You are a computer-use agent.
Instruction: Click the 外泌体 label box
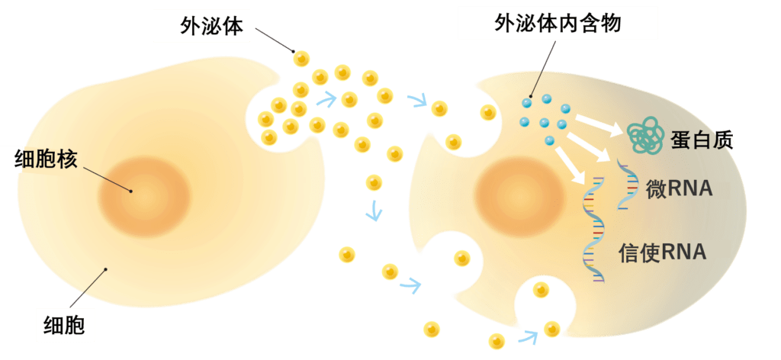[202, 26]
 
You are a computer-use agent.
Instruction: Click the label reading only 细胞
[65, 326]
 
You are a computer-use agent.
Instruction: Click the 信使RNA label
[673, 252]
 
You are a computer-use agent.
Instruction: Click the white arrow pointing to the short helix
[592, 145]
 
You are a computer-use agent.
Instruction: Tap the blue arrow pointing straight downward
[373, 211]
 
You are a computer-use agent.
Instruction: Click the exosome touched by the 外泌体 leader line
[302, 57]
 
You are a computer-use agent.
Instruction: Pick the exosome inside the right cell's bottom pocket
[541, 289]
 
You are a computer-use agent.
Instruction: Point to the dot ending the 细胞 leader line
[106, 269]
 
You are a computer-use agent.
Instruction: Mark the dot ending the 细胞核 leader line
[130, 191]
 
